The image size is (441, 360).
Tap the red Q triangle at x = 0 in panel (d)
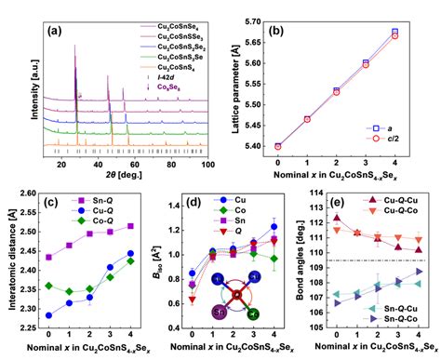pos(193,300)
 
